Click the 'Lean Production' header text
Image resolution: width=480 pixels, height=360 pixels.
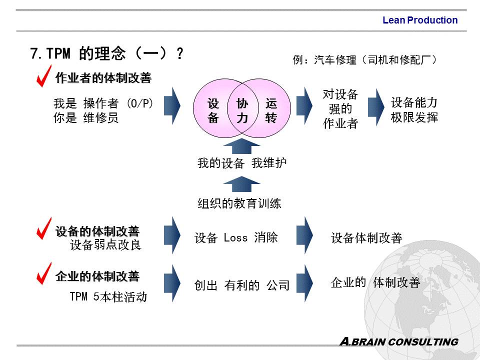[419, 20]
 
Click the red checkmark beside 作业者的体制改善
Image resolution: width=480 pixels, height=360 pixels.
[44, 75]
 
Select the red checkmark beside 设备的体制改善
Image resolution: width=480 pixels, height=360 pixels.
[44, 228]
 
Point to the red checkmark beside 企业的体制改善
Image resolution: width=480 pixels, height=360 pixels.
[44, 273]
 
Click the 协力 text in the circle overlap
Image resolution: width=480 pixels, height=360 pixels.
[242, 111]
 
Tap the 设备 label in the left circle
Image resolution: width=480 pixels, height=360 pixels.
[213, 111]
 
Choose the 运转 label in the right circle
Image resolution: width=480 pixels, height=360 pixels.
[271, 111]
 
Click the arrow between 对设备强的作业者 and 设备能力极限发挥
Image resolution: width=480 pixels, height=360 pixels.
[376, 105]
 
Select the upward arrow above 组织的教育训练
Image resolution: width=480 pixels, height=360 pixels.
[241, 184]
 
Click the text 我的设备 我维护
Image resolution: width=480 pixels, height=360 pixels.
[242, 163]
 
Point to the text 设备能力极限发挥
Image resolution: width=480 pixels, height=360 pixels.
[414, 110]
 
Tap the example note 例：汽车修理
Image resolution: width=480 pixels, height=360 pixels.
[365, 60]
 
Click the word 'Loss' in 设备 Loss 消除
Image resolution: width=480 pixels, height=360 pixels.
[235, 238]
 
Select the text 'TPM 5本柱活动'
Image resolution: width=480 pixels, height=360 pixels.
[108, 297]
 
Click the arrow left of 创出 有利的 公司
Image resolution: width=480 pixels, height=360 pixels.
[172, 283]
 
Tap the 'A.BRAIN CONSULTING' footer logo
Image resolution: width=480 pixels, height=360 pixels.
[398, 342]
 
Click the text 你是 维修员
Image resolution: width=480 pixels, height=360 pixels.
[86, 118]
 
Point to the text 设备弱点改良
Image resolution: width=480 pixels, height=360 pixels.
[105, 245]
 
